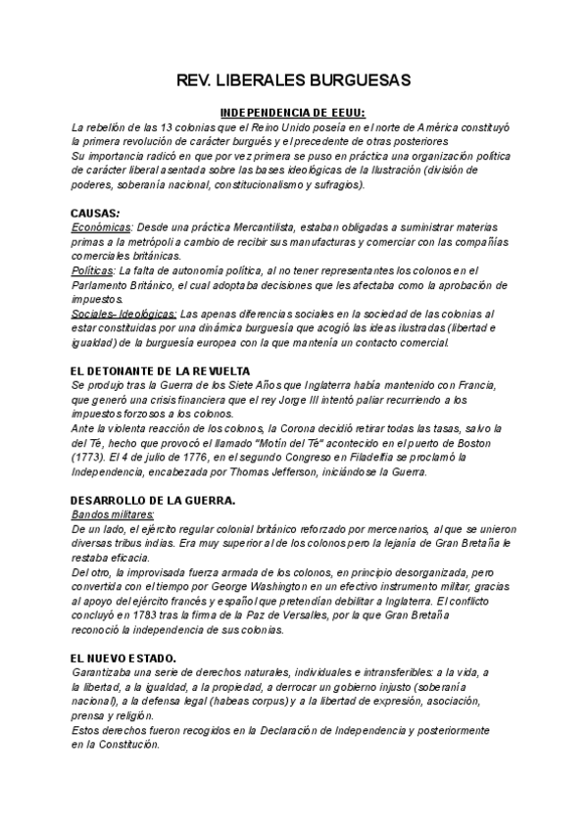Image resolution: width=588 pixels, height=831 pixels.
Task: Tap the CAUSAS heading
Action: point(96,213)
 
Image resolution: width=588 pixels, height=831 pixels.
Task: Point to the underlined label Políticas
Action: point(92,270)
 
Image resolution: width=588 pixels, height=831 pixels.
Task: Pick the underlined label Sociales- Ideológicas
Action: point(123,314)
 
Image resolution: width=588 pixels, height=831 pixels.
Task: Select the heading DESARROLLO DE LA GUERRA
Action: point(153,500)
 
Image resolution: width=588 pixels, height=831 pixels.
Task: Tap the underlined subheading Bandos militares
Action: point(114,514)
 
